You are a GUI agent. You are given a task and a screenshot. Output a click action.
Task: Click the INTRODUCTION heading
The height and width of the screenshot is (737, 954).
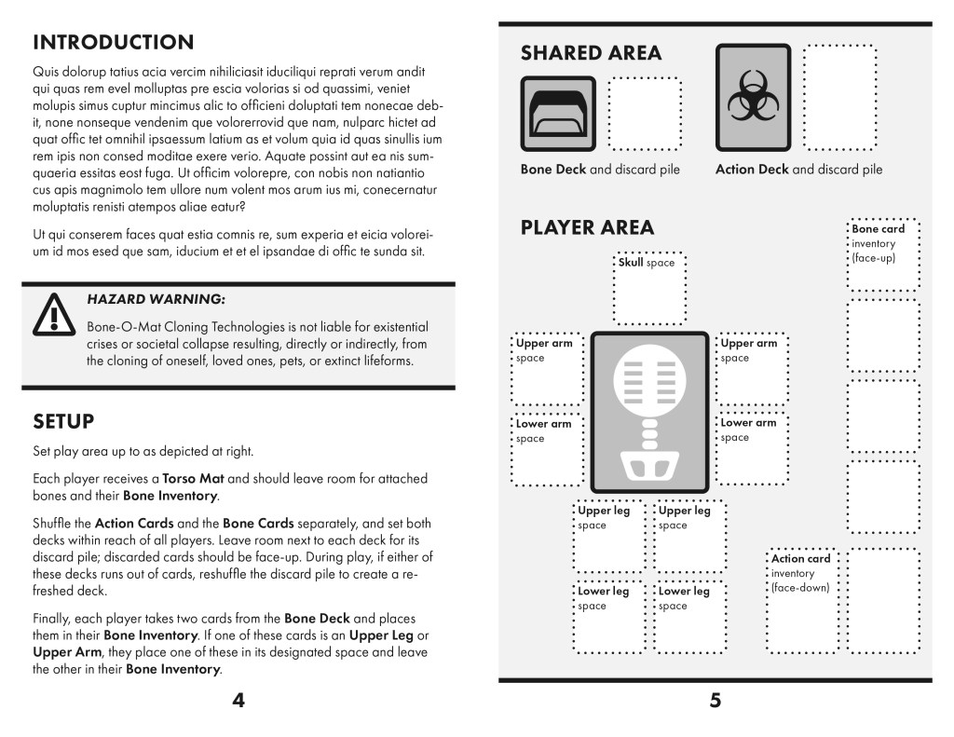[113, 43]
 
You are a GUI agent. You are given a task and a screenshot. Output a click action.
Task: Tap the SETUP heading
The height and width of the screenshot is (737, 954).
[63, 422]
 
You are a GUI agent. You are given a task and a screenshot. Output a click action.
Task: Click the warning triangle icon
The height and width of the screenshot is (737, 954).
[53, 314]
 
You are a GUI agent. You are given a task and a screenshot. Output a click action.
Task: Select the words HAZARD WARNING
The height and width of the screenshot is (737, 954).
[156, 300]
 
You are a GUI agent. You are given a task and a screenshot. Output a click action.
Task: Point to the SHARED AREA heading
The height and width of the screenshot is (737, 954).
[591, 53]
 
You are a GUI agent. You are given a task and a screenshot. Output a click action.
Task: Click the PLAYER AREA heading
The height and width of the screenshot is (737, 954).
[587, 228]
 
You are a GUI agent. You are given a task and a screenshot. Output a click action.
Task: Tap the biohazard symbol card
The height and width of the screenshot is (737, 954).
[753, 98]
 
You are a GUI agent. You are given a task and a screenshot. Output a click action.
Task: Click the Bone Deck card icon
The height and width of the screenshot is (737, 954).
[557, 113]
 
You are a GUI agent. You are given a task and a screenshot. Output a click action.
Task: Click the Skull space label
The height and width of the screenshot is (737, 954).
[647, 264]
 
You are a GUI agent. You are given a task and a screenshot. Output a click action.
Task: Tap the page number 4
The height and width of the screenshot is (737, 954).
[238, 701]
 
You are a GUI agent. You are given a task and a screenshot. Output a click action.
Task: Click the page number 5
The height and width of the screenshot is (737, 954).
[715, 701]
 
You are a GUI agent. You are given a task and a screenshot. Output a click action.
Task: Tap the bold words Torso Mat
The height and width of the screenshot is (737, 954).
[193, 479]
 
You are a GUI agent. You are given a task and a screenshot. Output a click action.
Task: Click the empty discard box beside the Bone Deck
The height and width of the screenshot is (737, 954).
[645, 113]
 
